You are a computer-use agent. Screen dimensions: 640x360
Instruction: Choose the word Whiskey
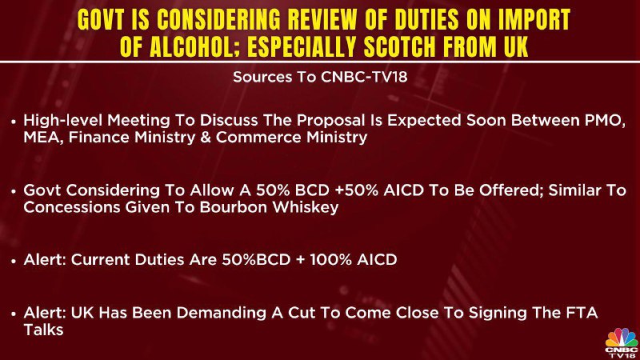point(306,207)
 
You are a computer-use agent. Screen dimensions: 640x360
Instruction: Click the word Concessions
point(71,207)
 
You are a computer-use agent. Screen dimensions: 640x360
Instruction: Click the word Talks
point(43,330)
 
